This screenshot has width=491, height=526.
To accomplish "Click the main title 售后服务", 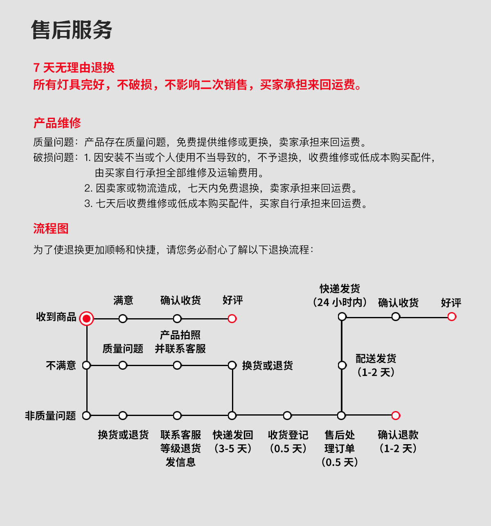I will click(x=72, y=30).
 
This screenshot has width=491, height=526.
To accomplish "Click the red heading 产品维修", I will click(x=57, y=123).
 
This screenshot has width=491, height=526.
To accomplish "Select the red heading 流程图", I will click(x=51, y=228).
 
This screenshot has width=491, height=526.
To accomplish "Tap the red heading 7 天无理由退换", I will click(x=74, y=67).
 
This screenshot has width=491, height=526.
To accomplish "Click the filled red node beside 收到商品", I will click(x=86, y=318).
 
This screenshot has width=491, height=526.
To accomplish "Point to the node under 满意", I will click(x=123, y=319).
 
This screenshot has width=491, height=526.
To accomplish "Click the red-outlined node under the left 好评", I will click(x=232, y=319).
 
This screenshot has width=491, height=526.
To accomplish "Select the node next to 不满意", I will click(x=86, y=365).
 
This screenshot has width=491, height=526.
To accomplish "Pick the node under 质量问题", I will click(x=123, y=365).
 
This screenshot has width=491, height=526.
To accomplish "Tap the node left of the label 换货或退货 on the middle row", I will click(x=232, y=365).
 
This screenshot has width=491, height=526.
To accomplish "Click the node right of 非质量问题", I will click(x=86, y=416).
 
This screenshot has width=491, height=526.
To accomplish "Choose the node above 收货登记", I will click(x=287, y=416).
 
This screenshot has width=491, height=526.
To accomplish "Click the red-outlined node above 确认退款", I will click(x=396, y=416).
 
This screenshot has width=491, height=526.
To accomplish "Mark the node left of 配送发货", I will click(x=342, y=365).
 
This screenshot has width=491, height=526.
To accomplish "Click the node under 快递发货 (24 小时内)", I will click(x=342, y=317).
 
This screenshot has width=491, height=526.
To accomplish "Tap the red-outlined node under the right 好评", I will click(x=452, y=317).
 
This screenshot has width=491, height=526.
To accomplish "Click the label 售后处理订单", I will click(x=340, y=448).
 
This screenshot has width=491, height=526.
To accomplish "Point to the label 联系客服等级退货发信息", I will click(x=180, y=448).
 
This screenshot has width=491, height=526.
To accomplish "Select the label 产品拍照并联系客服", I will click(x=180, y=342).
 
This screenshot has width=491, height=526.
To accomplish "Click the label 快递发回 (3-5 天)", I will click(x=233, y=442).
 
